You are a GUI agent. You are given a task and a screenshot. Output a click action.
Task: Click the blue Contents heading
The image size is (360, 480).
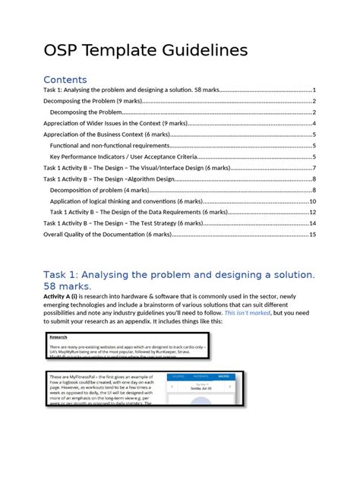pyautogui.click(x=65, y=80)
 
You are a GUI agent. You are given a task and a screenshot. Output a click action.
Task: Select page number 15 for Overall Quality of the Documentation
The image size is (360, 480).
pyautogui.click(x=311, y=235)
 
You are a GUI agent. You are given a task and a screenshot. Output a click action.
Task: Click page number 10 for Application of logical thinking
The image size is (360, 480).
pyautogui.click(x=312, y=201)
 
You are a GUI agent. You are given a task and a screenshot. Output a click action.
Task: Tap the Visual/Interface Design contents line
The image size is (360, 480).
pyautogui.click(x=137, y=168)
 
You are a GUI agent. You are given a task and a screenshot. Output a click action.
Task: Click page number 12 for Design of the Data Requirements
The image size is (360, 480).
pyautogui.click(x=312, y=213)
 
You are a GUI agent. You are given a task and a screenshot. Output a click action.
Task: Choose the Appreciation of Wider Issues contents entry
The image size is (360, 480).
pyautogui.click(x=114, y=123)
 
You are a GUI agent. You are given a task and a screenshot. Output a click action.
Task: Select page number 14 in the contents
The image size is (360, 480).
pyautogui.click(x=311, y=223)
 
